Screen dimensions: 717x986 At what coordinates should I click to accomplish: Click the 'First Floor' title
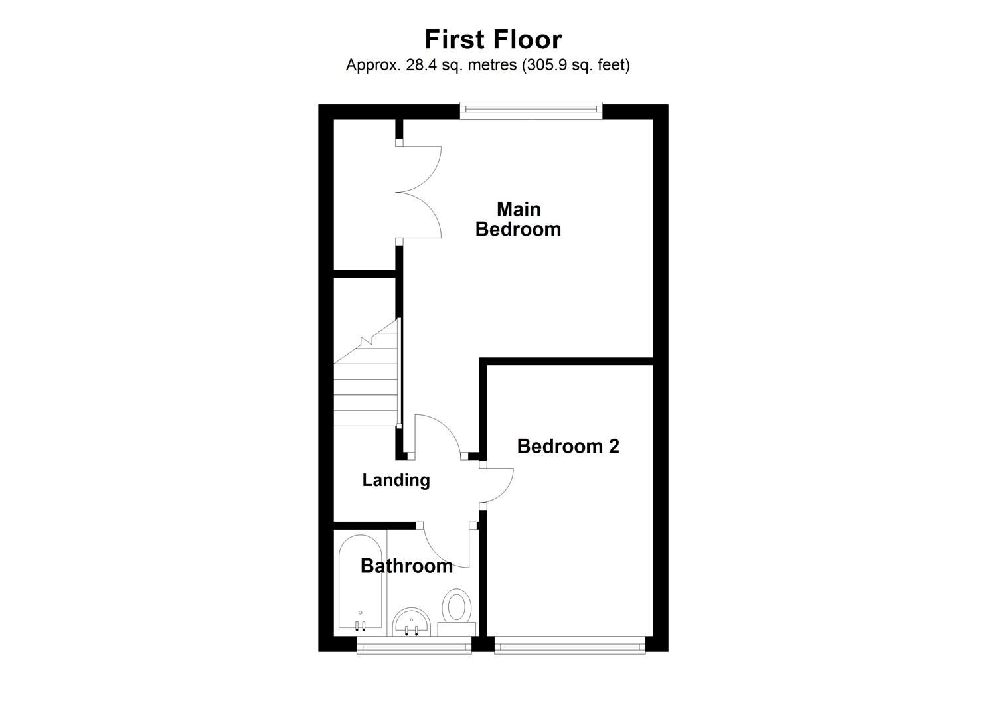click(x=493, y=40)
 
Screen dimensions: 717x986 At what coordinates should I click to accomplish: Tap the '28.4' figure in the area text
click(x=418, y=65)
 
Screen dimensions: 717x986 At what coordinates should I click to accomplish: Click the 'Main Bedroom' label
click(x=518, y=219)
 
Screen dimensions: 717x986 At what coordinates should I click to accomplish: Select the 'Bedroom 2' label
click(x=568, y=446)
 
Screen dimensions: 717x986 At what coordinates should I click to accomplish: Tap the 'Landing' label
click(x=396, y=480)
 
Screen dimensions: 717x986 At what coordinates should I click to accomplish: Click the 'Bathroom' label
click(x=406, y=566)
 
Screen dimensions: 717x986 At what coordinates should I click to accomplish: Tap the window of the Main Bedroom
click(x=531, y=111)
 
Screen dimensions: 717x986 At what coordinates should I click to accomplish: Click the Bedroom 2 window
click(x=570, y=645)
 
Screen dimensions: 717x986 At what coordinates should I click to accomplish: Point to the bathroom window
click(x=414, y=645)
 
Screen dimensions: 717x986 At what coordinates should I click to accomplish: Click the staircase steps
click(x=365, y=392)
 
